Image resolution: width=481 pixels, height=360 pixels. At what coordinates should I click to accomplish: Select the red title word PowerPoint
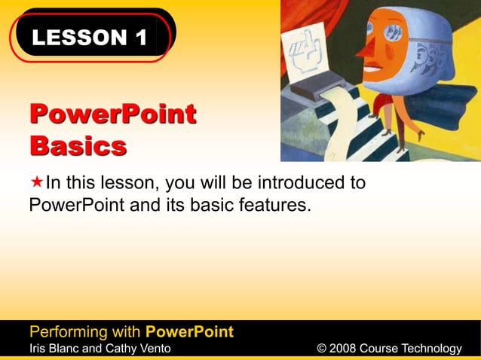pyautogui.click(x=113, y=115)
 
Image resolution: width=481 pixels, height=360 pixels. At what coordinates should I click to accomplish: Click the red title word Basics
pyautogui.click(x=78, y=145)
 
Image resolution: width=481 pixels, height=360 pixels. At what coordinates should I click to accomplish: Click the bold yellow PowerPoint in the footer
pyautogui.click(x=189, y=331)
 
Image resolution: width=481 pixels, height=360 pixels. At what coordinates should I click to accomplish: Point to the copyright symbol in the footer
pyautogui.click(x=322, y=348)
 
